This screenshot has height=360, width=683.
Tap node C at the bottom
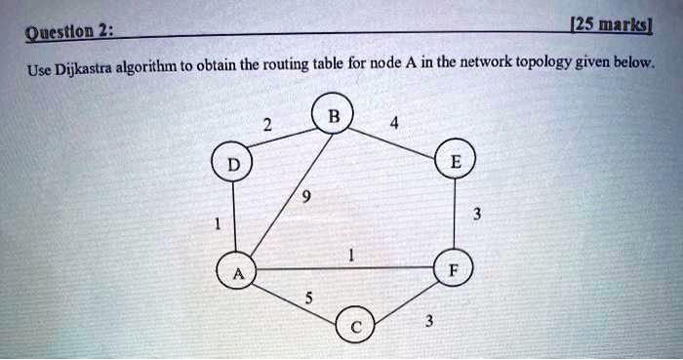coord(354,326)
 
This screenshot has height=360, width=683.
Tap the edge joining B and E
coord(394,140)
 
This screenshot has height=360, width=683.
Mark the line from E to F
coord(456,216)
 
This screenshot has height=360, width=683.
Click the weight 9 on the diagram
coord(308,198)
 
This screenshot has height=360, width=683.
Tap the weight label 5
coord(309,300)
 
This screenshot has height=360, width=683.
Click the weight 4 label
coord(393,124)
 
